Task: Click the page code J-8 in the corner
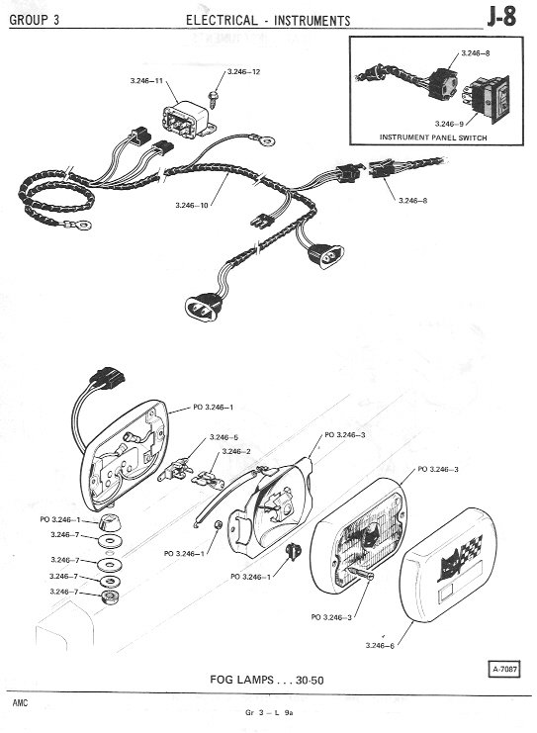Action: click(x=501, y=17)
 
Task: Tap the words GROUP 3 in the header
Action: click(x=34, y=20)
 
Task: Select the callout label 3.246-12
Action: click(x=243, y=72)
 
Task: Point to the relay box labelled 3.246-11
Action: click(x=186, y=120)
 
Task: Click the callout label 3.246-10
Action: click(x=192, y=205)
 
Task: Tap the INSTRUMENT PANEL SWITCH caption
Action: click(x=433, y=137)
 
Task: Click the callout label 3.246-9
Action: click(x=449, y=124)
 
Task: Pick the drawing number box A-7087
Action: click(x=504, y=669)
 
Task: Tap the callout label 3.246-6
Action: click(x=380, y=646)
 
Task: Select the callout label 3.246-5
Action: click(x=224, y=437)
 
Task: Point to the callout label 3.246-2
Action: click(x=236, y=452)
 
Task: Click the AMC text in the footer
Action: click(x=20, y=702)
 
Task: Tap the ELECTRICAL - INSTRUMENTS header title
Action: click(x=268, y=21)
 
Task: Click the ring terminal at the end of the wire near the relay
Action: click(x=266, y=139)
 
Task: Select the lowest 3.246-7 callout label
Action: click(x=64, y=592)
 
